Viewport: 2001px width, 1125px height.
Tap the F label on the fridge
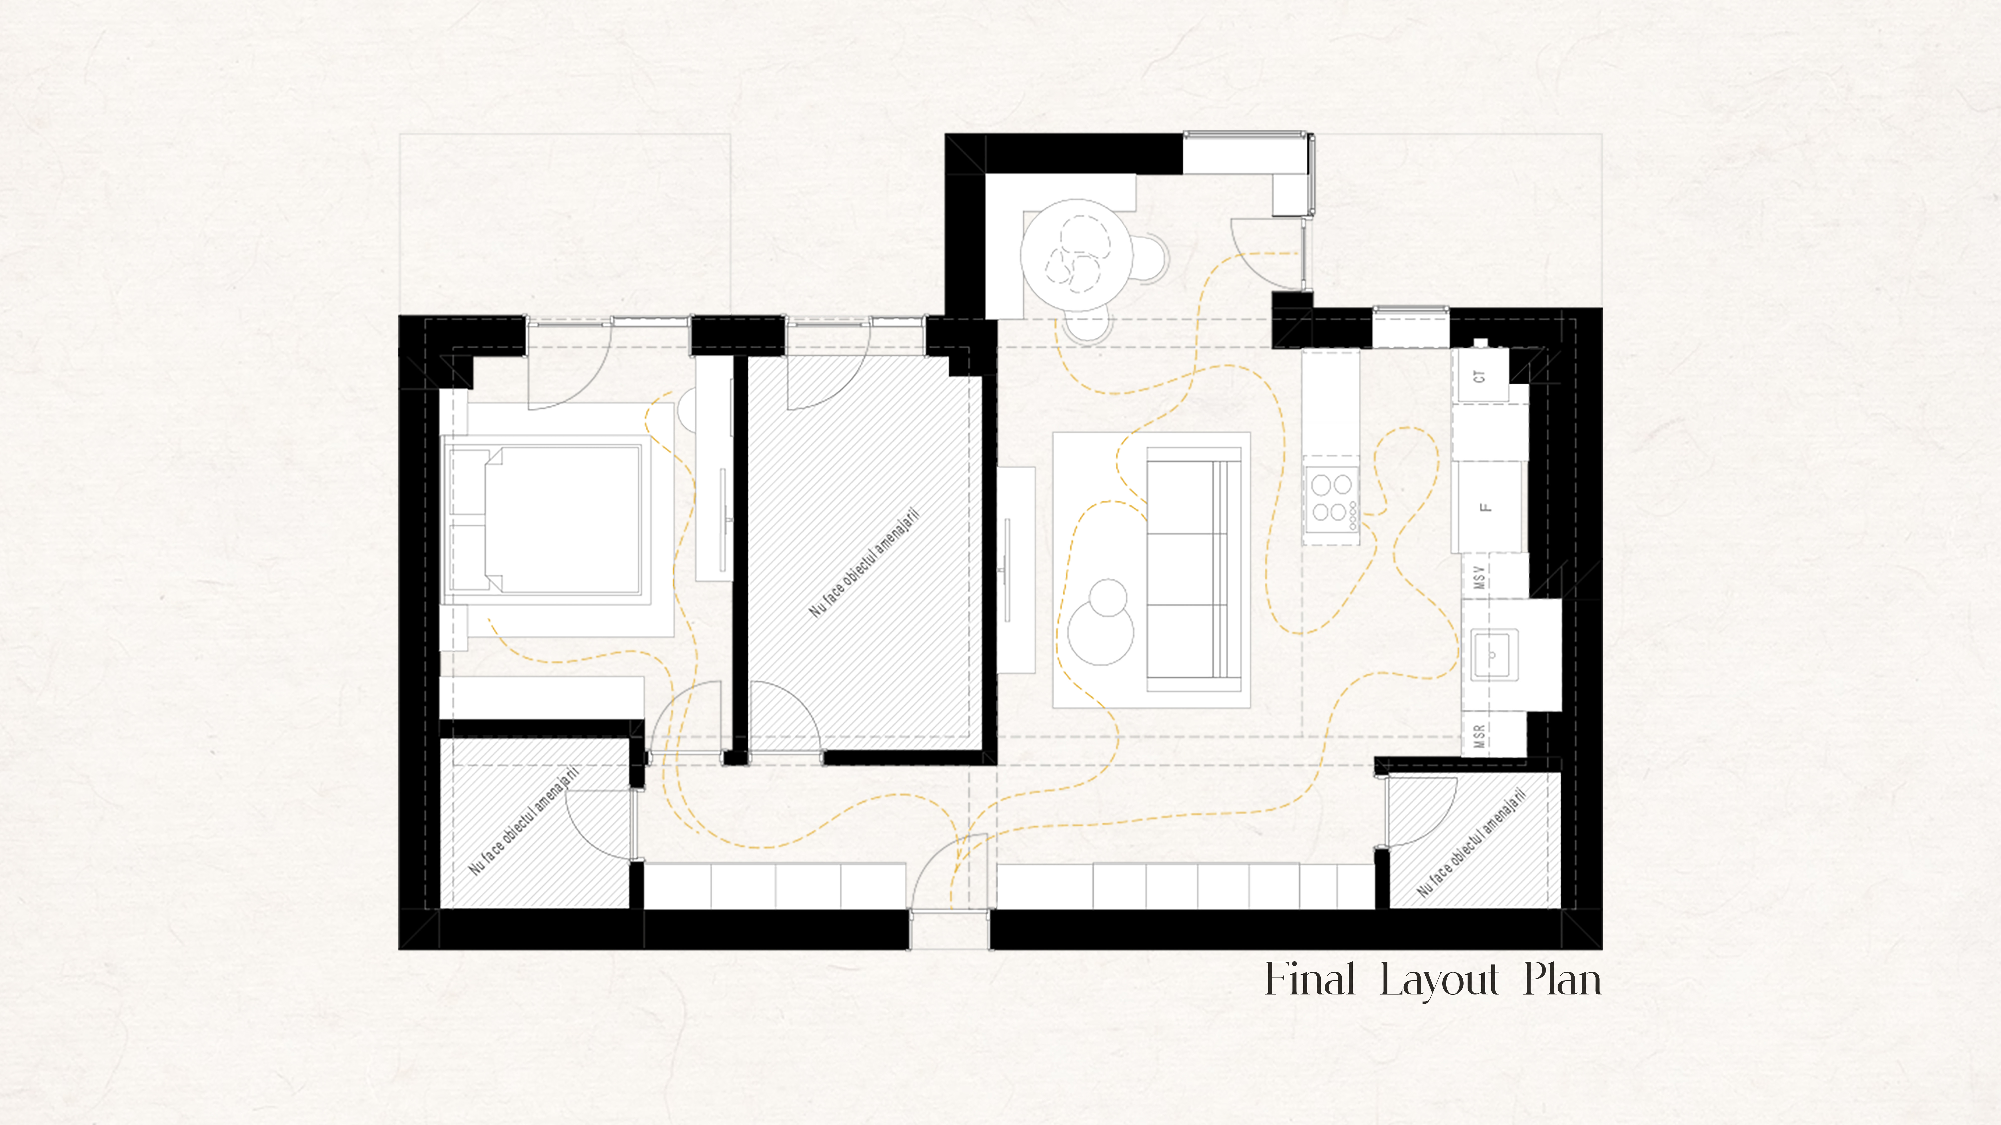(x=1485, y=507)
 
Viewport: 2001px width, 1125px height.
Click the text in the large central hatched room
(x=864, y=563)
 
